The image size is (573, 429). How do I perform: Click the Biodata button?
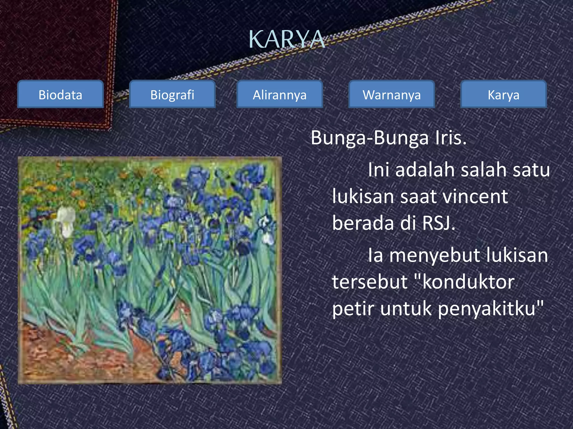60,95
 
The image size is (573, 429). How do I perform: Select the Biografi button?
172,95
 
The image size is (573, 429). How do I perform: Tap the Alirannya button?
280,95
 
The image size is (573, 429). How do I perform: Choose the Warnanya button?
392,95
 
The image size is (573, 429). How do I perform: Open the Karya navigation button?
504,95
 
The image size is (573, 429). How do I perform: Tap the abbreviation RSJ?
439,223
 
